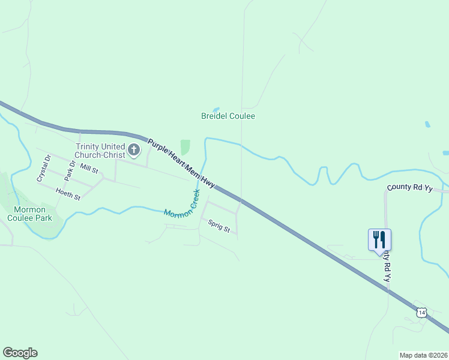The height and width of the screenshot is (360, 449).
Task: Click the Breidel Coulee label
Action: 228,116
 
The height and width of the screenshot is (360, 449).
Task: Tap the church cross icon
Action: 134,149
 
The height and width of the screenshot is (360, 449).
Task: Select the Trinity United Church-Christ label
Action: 100,151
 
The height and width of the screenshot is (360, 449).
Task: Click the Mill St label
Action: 88,170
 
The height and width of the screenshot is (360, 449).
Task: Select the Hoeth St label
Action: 68,193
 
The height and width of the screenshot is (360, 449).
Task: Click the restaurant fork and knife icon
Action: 379,239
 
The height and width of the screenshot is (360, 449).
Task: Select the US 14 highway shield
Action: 421,312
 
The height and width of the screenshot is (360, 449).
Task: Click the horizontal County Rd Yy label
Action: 410,188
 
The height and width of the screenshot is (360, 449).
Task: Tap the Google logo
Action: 20,353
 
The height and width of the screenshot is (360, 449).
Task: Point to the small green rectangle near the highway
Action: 185,147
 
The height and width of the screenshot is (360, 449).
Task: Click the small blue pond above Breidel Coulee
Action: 215,109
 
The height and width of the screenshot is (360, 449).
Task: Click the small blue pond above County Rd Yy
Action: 427,125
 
